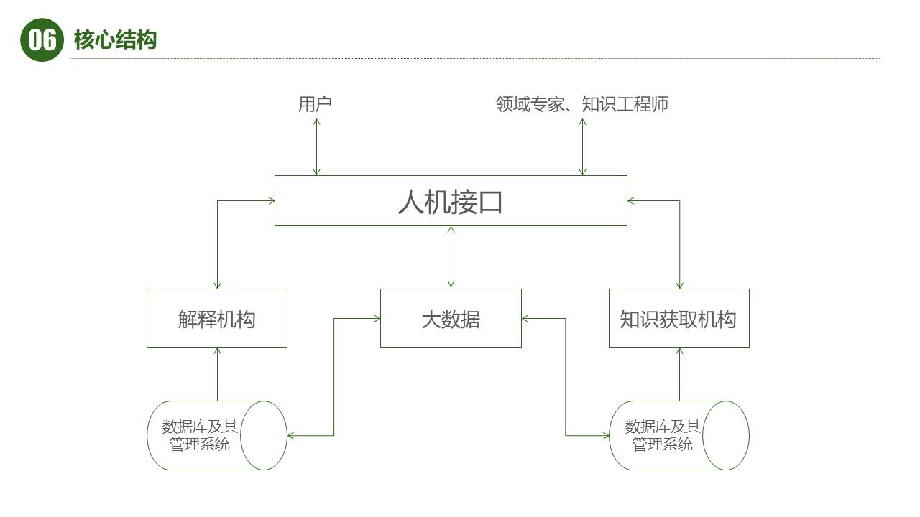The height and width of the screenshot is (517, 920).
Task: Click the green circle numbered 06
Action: tap(42, 40)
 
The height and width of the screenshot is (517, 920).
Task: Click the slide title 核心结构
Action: tap(115, 40)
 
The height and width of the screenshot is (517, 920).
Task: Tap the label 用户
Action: tap(315, 104)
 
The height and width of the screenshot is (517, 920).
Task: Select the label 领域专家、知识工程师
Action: tap(582, 104)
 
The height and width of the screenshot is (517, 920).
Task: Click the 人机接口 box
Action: tap(451, 201)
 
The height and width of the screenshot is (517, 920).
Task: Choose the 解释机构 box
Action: tap(217, 318)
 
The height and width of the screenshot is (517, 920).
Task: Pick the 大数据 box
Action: tap(451, 318)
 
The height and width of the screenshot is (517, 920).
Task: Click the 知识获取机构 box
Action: tap(678, 318)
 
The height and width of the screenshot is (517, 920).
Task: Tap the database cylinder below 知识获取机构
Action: tap(678, 435)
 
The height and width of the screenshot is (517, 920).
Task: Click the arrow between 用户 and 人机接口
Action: tap(316, 146)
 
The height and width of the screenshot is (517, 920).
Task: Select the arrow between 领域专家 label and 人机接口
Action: tap(582, 146)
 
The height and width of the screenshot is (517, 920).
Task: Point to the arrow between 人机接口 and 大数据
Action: tap(451, 257)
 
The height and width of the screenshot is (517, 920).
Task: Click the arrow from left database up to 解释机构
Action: tap(217, 374)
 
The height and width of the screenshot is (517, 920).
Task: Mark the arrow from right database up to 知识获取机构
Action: tap(679, 374)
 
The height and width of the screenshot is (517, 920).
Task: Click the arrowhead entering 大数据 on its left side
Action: tap(377, 318)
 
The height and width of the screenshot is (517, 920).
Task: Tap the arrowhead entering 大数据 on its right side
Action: tap(525, 318)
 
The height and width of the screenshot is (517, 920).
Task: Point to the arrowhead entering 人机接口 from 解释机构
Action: tap(272, 201)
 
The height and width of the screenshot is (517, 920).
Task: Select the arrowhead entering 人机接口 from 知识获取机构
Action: tap(630, 201)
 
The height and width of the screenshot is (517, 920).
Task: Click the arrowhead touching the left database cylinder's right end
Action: tap(290, 435)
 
